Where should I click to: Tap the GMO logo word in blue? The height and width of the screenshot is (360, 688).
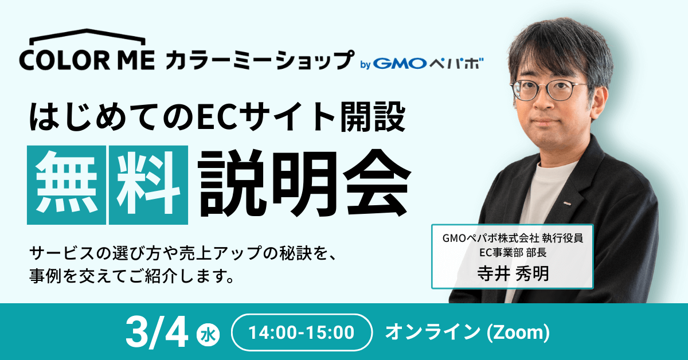[x=400, y=64]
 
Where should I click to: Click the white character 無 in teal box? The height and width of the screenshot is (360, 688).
[x=67, y=185]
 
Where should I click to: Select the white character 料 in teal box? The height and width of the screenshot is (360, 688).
[x=148, y=185]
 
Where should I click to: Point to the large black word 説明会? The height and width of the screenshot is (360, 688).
[x=303, y=184]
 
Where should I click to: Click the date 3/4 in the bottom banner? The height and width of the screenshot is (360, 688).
[x=157, y=332]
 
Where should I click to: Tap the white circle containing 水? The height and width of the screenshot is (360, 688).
[x=208, y=335]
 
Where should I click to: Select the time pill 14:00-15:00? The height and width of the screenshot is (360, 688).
[x=302, y=332]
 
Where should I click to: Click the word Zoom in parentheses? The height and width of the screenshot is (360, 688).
[x=518, y=332]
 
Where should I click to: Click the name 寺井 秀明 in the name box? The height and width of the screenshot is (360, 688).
[x=513, y=273]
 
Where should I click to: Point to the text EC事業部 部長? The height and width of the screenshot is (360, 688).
[x=513, y=252]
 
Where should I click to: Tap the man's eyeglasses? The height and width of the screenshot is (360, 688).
[x=548, y=89]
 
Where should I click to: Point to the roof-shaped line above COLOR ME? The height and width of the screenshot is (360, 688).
[x=88, y=36]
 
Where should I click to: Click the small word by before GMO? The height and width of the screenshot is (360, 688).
[x=365, y=65]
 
